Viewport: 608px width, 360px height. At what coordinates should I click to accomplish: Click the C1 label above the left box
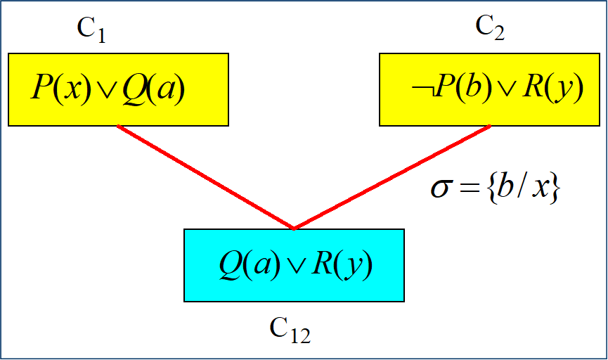91,30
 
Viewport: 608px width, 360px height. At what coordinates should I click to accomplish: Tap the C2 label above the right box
490,27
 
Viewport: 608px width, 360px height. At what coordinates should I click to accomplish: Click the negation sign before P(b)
420,91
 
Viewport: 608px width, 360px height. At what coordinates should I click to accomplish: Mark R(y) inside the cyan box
342,264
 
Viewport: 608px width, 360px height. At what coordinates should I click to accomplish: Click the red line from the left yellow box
204,176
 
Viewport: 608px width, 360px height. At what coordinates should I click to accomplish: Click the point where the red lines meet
293,228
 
